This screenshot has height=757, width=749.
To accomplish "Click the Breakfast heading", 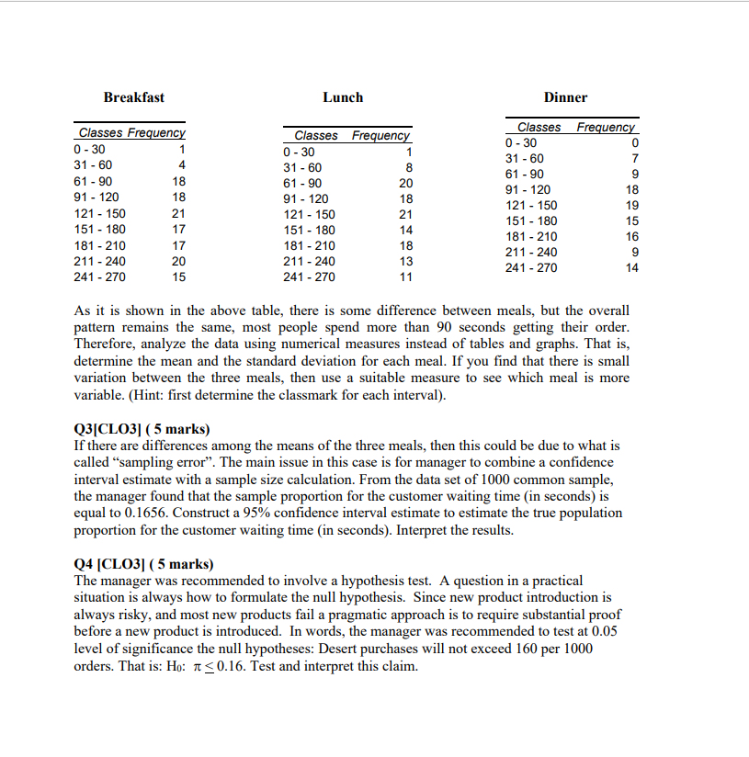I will (134, 97).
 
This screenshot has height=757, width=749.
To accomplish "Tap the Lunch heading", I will (343, 97).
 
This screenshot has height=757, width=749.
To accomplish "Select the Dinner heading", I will (565, 97).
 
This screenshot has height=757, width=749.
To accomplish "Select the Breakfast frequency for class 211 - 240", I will (179, 261).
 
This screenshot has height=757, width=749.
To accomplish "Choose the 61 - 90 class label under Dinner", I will (524, 175).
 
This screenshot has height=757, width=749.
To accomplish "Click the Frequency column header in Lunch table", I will (380, 136).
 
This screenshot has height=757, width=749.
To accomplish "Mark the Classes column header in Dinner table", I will (539, 127).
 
